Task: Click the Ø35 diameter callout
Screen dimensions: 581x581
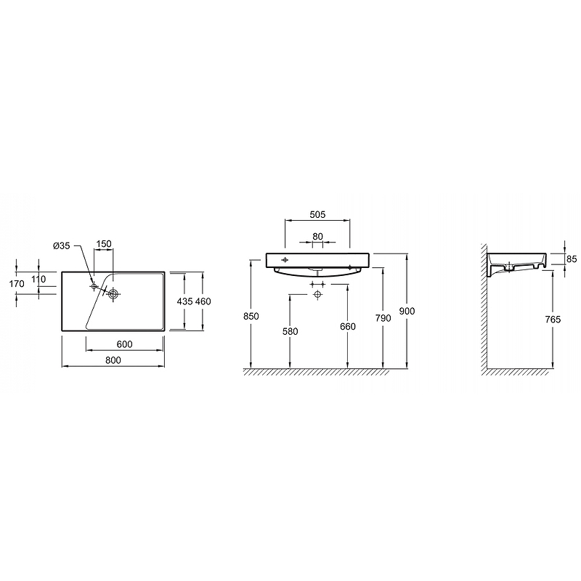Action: [62, 245]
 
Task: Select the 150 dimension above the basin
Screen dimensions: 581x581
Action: [104, 244]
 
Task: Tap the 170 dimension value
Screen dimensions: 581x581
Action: [17, 284]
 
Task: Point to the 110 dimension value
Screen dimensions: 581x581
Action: [38, 279]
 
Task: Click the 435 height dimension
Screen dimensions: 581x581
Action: [184, 301]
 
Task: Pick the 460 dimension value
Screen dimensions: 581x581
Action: [203, 301]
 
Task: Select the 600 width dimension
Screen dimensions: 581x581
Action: [124, 344]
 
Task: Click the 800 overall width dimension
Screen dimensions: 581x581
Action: [113, 360]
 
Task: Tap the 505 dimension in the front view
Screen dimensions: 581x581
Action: [317, 214]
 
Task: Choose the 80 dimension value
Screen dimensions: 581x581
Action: [317, 237]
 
